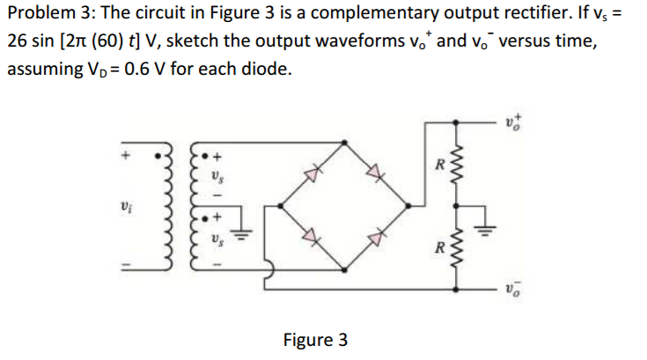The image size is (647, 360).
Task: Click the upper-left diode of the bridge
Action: click(312, 173)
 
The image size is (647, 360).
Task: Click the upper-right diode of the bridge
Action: click(376, 171)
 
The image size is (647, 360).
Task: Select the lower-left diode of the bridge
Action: click(312, 237)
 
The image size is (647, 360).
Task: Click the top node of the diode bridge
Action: click(344, 143)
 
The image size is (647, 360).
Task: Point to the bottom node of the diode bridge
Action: click(344, 270)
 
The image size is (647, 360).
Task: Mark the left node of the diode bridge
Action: click(281, 205)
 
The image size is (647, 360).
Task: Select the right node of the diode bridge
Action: click(408, 205)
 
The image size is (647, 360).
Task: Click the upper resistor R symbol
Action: click(456, 164)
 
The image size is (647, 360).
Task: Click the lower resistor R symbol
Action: click(456, 247)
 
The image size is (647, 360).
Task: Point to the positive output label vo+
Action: click(513, 122)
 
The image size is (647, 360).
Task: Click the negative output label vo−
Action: click(513, 290)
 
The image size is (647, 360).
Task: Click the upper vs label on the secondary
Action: click(217, 177)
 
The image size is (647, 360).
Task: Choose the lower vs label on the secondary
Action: click(217, 239)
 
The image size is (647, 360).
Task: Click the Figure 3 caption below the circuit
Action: click(315, 340)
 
